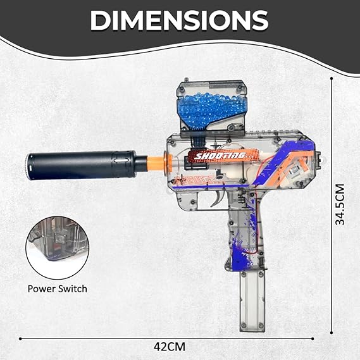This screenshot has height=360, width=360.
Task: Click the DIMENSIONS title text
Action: pos(179,21)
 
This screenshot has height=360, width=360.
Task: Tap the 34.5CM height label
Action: pos(340,204)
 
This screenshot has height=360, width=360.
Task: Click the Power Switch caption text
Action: pos(58,289)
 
